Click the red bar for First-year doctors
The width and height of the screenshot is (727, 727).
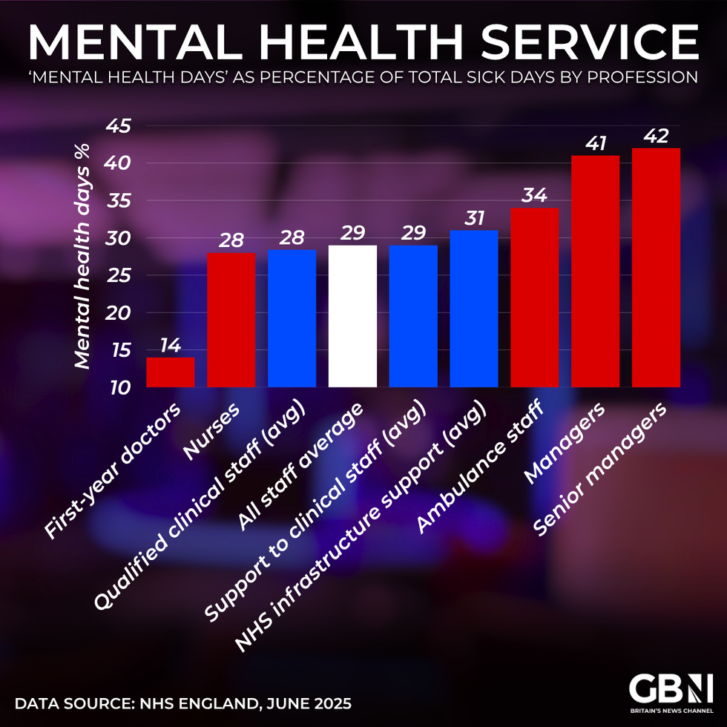tap(171, 372)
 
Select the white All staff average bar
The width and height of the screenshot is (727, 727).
tap(352, 316)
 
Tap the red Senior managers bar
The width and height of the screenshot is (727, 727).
tap(656, 268)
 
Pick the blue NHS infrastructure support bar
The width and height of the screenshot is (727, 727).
tap(474, 309)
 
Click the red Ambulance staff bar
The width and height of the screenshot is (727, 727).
tap(535, 297)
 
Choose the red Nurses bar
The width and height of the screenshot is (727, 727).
tap(231, 320)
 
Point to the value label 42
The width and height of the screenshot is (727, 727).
tap(656, 136)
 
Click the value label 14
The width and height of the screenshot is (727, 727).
tap(171, 346)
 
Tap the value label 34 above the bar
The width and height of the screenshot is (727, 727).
tap(535, 196)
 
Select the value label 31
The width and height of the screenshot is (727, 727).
tap(474, 219)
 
